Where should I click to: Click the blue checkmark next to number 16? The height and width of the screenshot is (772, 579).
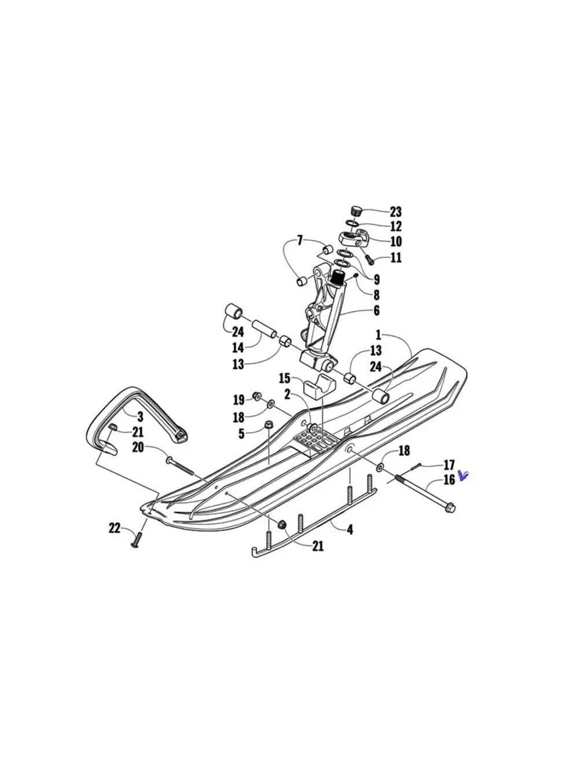tap(463, 475)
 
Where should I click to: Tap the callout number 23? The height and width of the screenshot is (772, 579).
tap(395, 212)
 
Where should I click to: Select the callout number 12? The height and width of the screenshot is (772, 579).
tap(395, 226)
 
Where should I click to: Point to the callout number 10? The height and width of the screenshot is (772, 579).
tap(395, 242)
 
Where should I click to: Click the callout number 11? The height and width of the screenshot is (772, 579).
tap(395, 258)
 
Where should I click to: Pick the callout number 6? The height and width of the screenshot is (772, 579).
tap(376, 311)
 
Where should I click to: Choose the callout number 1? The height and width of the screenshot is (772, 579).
tap(378, 335)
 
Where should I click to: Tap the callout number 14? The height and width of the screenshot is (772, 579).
tap(238, 349)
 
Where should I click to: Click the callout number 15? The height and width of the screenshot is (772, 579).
tap(284, 379)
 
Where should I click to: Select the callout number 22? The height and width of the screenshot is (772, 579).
tap(115, 528)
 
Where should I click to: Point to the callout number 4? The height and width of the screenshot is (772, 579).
tap(350, 529)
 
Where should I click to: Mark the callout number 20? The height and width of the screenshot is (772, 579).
tap(138, 448)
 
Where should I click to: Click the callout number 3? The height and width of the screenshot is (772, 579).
tap(140, 416)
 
